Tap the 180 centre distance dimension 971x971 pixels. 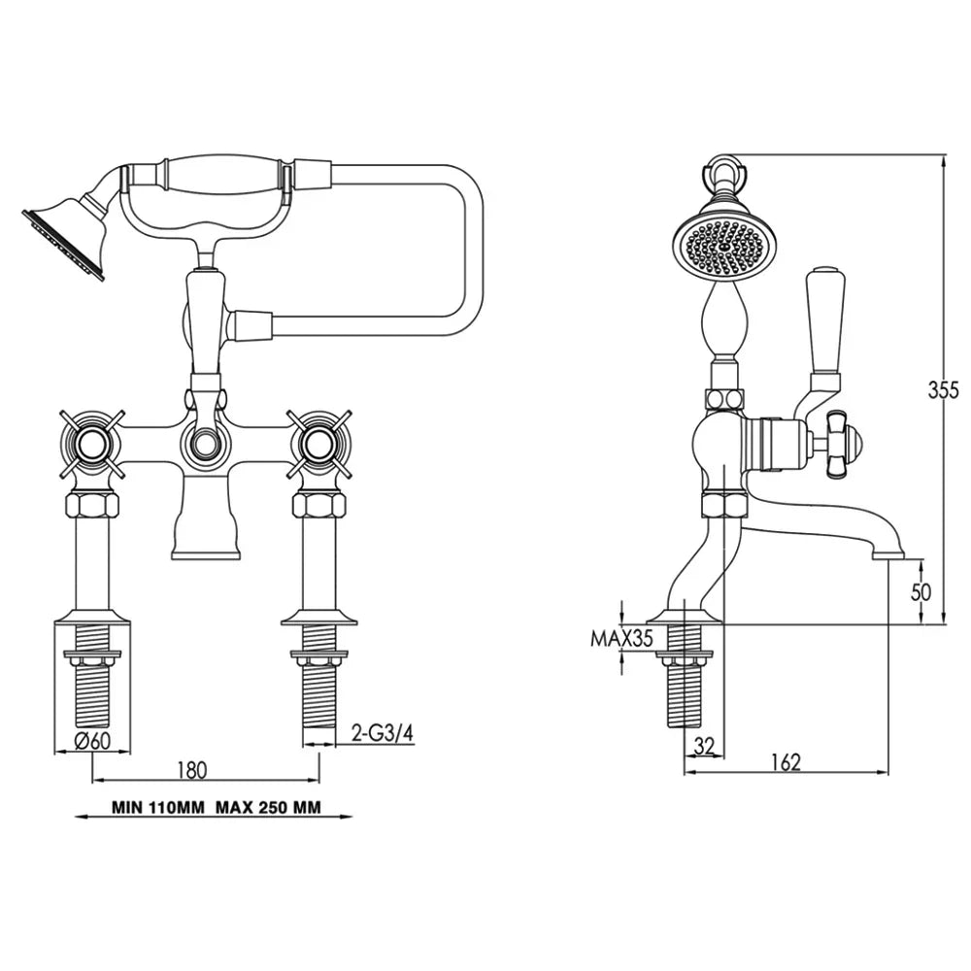pyautogui.click(x=192, y=770)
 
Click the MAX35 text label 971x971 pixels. pyautogui.click(x=620, y=638)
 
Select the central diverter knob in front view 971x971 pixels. pyautogui.click(x=204, y=446)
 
